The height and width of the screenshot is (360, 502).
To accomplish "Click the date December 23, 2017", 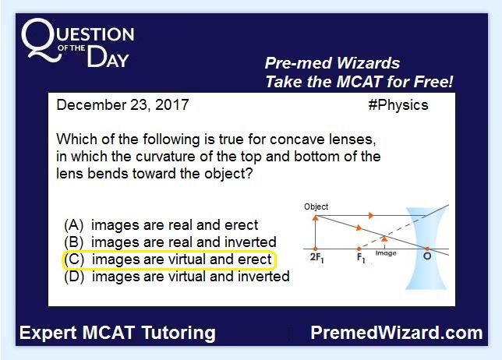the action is click(122, 105).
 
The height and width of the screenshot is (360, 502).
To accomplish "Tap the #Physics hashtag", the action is click(398, 105).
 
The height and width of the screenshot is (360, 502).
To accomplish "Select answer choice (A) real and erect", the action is click(161, 225).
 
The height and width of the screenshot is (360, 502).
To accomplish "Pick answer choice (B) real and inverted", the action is click(170, 242).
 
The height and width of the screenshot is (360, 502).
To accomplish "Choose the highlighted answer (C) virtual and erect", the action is click(168, 259).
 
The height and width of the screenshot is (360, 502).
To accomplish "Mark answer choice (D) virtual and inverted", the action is click(177, 277).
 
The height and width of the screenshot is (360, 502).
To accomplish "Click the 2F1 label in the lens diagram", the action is click(316, 258).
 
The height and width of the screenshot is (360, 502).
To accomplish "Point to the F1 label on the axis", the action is click(361, 258).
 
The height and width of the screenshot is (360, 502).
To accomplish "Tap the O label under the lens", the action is click(426, 256).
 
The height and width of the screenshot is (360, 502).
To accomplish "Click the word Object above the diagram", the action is click(316, 206).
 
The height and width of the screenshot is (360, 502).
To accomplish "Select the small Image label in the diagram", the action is click(386, 253).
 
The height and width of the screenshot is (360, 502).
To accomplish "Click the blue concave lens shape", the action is click(426, 249).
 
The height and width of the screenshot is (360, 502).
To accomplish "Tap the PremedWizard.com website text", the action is click(396, 333).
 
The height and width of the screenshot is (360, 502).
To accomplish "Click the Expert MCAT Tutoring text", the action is click(118, 333).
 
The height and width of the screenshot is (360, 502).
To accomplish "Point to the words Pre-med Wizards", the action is click(332, 63).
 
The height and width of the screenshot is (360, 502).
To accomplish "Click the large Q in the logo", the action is click(41, 40).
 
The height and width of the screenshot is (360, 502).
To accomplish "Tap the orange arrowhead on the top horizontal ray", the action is click(371, 215).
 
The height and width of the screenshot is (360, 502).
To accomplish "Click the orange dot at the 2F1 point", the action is click(316, 249).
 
